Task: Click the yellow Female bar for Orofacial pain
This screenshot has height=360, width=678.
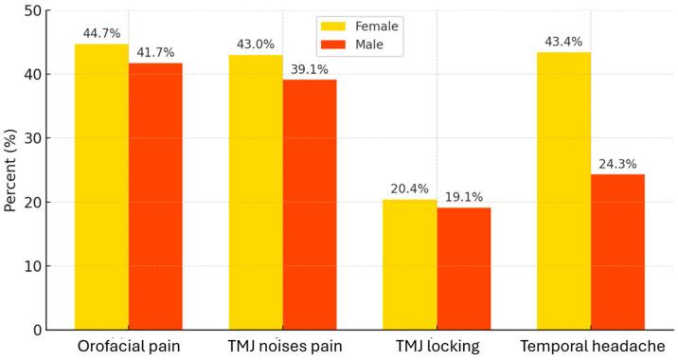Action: (x=101, y=187)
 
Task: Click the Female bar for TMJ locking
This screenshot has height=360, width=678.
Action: (x=410, y=264)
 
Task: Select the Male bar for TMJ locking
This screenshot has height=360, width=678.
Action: (x=464, y=268)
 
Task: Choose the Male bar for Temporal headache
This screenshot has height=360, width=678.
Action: (x=618, y=252)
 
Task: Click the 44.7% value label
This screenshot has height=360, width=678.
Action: (x=101, y=34)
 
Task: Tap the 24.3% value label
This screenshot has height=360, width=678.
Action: (x=618, y=165)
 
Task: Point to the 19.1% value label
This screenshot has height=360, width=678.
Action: (x=464, y=197)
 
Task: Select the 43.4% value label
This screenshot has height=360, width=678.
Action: (x=564, y=42)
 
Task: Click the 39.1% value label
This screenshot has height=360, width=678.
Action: (x=310, y=70)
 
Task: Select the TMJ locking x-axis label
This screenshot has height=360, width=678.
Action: (x=437, y=346)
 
